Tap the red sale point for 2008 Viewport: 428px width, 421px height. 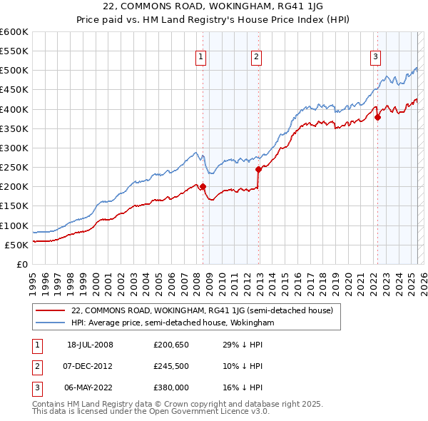203,187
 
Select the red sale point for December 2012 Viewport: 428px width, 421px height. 258,169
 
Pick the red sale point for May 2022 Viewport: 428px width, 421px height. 377,117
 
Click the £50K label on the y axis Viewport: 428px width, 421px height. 17,245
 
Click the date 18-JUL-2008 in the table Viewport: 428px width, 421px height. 90,345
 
